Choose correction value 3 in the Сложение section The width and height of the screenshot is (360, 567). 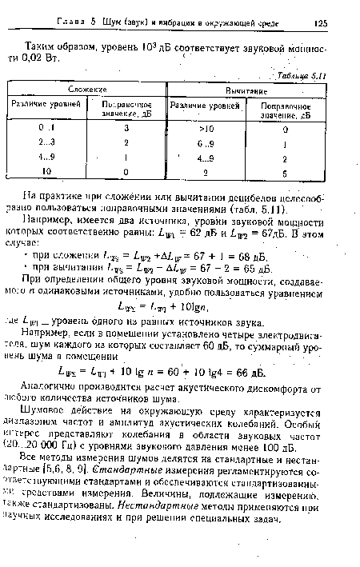(x=126, y=127)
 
